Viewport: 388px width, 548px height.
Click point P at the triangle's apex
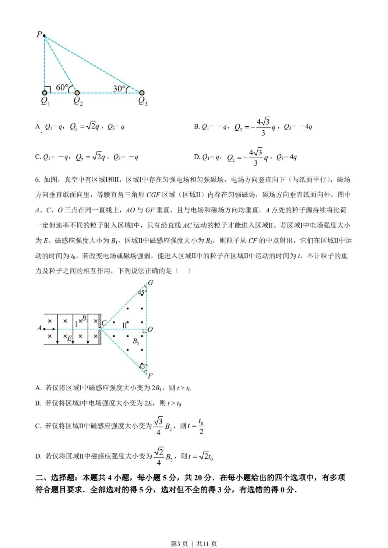[44, 36]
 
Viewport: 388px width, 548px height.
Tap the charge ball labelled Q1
[45, 93]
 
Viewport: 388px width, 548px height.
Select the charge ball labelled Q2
[77, 93]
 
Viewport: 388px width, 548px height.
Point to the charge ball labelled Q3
[142, 93]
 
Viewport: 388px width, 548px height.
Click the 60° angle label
[62, 87]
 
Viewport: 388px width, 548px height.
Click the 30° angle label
[119, 88]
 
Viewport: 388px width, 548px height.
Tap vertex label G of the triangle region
[151, 283]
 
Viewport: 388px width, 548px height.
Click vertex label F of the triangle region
[150, 376]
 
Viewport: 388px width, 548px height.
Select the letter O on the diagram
[150, 329]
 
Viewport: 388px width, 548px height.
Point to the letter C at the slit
[104, 323]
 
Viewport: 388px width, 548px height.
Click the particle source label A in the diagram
[40, 328]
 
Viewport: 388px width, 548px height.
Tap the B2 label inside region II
[136, 341]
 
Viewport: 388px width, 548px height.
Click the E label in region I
[69, 338]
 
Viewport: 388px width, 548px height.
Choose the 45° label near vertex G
[142, 293]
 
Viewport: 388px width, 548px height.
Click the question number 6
[37, 179]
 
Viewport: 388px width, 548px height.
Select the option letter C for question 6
[38, 426]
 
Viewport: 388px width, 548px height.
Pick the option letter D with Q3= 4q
[197, 157]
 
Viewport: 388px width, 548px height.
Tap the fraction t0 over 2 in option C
[201, 426]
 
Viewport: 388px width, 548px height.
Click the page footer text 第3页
[179, 544]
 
